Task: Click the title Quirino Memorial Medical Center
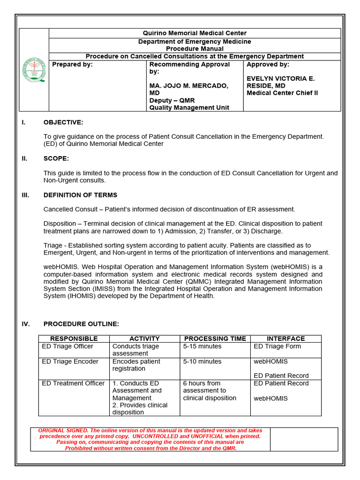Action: pyautogui.click(x=195, y=33)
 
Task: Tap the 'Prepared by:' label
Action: pyautogui.click(x=72, y=65)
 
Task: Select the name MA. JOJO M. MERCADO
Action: pyautogui.click(x=189, y=86)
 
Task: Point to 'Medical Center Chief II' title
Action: pyautogui.click(x=282, y=93)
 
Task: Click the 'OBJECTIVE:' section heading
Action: pyautogui.click(x=63, y=122)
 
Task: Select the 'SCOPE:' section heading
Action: pyautogui.click(x=56, y=158)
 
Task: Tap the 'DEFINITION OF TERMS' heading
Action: pyautogui.click(x=80, y=195)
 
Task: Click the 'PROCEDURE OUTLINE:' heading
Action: pyautogui.click(x=81, y=324)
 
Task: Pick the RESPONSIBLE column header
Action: pyautogui.click(x=74, y=338)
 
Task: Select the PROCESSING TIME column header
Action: pyautogui.click(x=215, y=338)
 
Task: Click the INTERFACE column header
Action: pyautogui.click(x=285, y=338)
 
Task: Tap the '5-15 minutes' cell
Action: pyautogui.click(x=202, y=346)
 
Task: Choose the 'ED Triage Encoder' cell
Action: pyautogui.click(x=70, y=361)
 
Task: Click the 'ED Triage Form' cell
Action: pyautogui.click(x=277, y=346)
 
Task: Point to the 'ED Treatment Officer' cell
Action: pyautogui.click(x=73, y=383)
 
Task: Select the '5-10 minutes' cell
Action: pyautogui.click(x=202, y=361)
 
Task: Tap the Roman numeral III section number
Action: pyautogui.click(x=25, y=195)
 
